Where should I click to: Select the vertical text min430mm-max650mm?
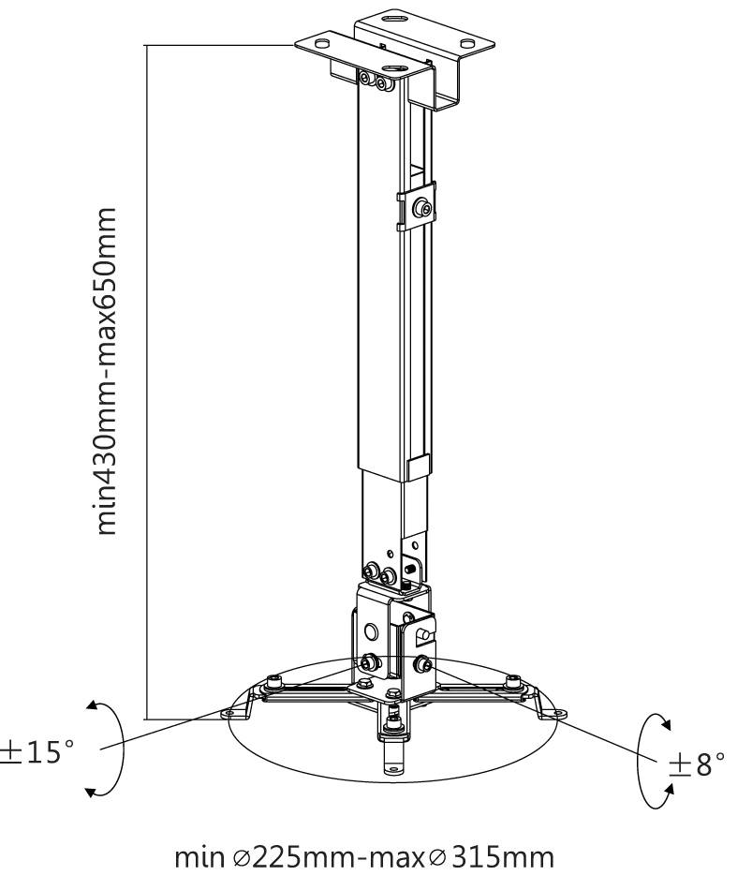[x=110, y=372]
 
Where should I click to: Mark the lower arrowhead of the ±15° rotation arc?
[x=91, y=794]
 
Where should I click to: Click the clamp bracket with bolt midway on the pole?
[x=419, y=210]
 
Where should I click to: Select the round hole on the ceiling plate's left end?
[x=323, y=43]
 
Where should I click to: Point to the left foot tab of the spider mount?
[x=229, y=714]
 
